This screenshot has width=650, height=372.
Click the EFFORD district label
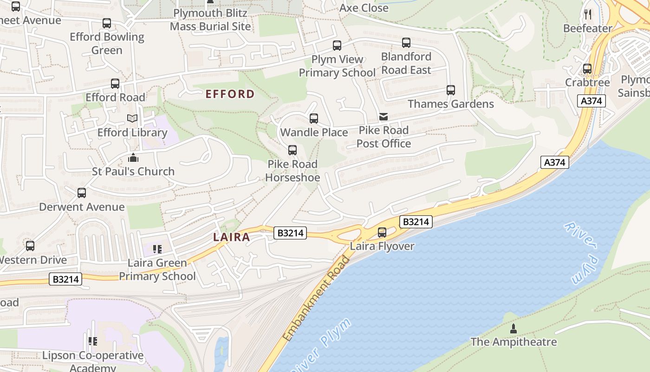230,94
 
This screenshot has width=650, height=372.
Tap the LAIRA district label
231,237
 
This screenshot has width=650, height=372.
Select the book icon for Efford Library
132,119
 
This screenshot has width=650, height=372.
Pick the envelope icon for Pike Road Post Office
383,117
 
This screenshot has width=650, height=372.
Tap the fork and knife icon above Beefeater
588,14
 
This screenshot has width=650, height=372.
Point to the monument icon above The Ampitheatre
513,329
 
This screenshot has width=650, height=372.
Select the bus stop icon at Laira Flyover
382,232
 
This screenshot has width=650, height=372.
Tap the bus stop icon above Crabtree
587,69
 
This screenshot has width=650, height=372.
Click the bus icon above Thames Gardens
450,90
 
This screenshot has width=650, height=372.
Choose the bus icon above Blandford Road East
406,43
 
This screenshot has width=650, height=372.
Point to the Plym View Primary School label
337,66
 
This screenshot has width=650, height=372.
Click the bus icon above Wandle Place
314,119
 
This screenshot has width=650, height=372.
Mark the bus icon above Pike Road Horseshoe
292,150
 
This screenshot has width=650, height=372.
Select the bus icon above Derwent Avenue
82,193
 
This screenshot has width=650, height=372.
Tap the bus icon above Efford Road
115,84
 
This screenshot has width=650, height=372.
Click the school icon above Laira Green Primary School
157,249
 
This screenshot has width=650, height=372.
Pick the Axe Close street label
364,8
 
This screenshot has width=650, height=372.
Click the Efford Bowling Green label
107,43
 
